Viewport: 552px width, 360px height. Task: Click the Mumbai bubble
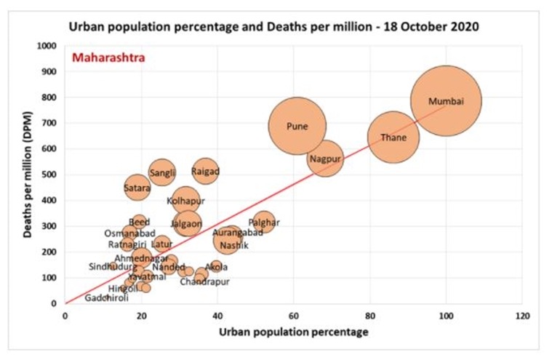pyautogui.click(x=445, y=101)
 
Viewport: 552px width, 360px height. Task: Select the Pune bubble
pyautogui.click(x=297, y=126)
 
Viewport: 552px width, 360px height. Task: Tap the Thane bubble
pyautogui.click(x=393, y=137)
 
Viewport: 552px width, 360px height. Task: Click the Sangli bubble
pyautogui.click(x=162, y=172)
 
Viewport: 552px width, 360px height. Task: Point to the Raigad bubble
pyautogui.click(x=205, y=172)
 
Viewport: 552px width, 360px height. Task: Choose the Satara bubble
pyautogui.click(x=137, y=188)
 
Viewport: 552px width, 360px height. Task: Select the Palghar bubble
pyautogui.click(x=264, y=223)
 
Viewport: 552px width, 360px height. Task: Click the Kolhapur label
pyautogui.click(x=185, y=201)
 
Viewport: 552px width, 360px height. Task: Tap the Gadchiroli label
pyautogui.click(x=106, y=298)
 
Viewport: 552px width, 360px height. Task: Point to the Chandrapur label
pyautogui.click(x=204, y=281)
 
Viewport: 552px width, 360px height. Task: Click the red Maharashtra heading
pyautogui.click(x=108, y=57)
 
